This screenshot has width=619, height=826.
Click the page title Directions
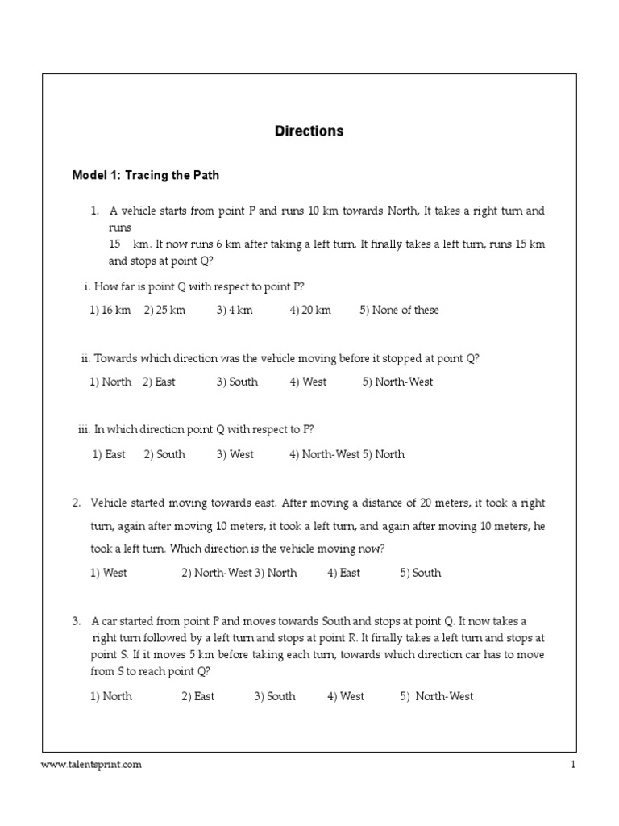pos(309,131)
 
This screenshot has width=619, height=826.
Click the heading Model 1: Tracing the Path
pos(145,174)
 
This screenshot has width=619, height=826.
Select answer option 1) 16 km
pos(110,311)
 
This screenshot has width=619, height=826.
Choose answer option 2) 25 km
pos(164,311)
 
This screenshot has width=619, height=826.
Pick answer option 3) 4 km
pos(234,311)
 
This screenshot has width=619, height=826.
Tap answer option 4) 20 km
pos(310,311)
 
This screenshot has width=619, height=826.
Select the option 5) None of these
pos(399,311)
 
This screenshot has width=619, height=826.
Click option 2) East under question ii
pos(159,382)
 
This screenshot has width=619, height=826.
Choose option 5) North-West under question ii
pos(397,382)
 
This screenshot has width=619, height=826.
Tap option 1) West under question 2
pos(109,573)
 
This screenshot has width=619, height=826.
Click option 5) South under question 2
pos(420,573)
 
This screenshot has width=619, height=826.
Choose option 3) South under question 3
pos(275,696)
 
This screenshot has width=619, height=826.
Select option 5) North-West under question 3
pos(437,696)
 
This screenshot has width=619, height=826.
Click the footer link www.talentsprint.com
pos(91,765)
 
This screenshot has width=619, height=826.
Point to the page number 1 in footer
pos(572,765)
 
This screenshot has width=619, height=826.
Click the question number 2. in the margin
pos(77,503)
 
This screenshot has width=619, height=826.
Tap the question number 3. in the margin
pos(77,621)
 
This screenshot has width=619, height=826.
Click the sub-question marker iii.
pos(83,430)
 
